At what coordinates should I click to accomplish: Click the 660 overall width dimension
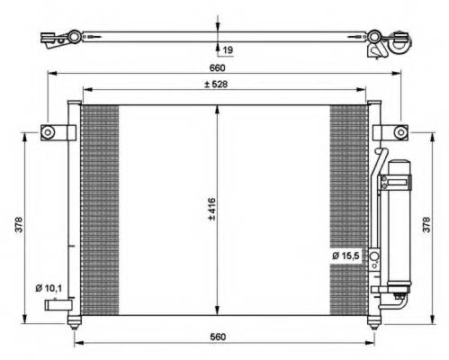tap(217, 68)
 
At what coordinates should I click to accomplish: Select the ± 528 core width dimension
tap(216, 85)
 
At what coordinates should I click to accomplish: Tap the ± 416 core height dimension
tap(212, 209)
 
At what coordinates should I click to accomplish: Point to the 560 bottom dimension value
tap(218, 337)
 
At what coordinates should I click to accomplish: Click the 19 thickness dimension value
tap(228, 49)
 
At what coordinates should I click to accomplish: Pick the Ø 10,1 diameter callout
tap(49, 288)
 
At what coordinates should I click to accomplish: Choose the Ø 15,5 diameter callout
tap(346, 256)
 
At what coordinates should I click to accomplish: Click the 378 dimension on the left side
tap(19, 224)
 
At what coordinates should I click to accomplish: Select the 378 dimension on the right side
tap(427, 224)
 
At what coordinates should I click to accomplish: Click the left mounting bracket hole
tap(48, 132)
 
